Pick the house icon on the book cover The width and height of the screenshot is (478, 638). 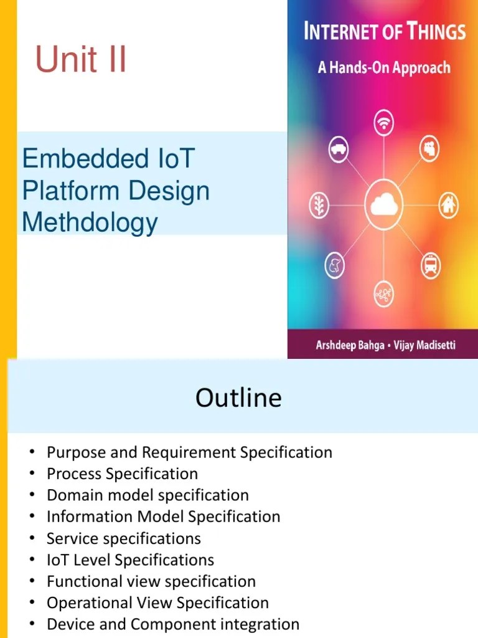click(448, 204)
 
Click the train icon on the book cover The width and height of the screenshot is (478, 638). click(430, 265)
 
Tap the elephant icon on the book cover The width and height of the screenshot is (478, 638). click(335, 266)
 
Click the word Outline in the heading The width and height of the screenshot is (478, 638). click(238, 398)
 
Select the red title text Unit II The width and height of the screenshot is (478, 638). click(81, 60)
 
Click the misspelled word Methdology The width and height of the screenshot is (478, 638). click(90, 222)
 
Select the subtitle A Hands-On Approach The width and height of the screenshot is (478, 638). click(383, 67)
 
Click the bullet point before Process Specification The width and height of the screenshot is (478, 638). click(32, 474)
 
